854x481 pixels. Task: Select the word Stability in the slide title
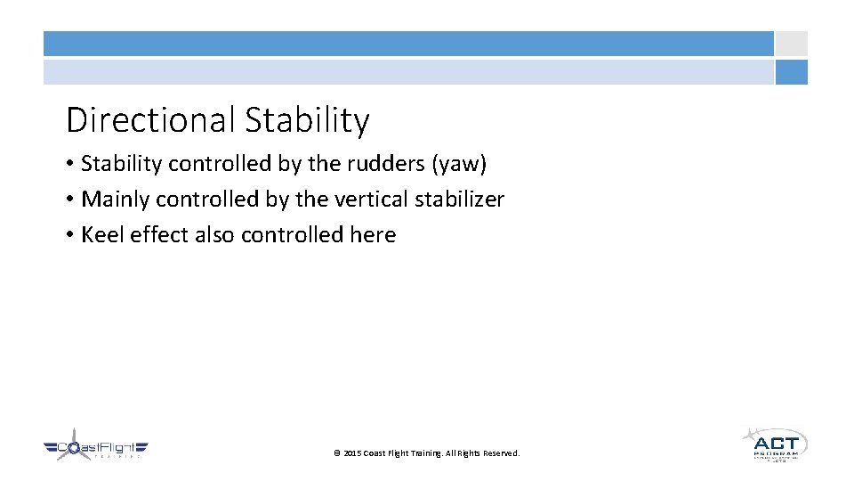click(307, 120)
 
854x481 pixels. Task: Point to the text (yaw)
click(462, 164)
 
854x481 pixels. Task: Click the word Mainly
click(116, 200)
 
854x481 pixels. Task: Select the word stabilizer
click(456, 200)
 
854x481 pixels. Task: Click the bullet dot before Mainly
click(69, 200)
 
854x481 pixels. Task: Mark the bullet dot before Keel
click(69, 236)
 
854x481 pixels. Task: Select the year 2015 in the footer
click(352, 453)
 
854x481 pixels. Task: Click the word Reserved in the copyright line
click(501, 453)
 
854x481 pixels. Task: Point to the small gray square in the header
click(791, 44)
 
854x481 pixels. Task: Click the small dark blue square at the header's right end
click(791, 72)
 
